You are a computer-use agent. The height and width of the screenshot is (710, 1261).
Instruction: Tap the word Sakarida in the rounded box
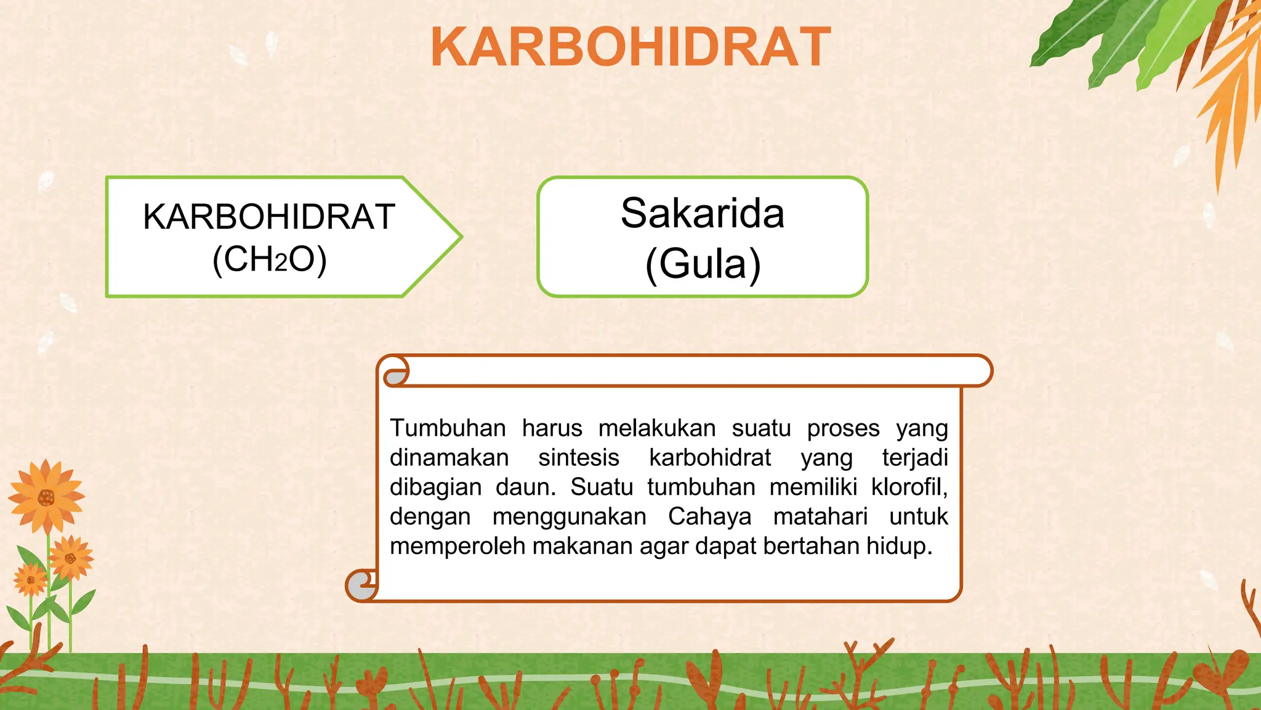702,213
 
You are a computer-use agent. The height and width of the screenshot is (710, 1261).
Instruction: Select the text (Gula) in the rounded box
703,264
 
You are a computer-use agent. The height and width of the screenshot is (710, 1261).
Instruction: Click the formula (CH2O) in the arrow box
269,259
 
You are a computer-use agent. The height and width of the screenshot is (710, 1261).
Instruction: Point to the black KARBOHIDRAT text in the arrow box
269,217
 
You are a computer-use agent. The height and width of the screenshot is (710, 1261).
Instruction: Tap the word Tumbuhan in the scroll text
448,428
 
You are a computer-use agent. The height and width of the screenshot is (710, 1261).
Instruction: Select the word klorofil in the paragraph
908,487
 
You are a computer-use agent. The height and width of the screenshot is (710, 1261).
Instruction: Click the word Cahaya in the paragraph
709,516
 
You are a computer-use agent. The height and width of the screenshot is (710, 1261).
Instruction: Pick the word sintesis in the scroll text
578,457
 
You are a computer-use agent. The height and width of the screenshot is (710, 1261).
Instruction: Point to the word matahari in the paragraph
820,516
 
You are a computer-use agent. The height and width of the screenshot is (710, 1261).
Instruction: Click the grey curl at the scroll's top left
396,376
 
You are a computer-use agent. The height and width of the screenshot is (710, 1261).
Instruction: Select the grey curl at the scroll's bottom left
360,586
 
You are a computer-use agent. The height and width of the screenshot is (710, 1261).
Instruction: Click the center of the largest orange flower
46,497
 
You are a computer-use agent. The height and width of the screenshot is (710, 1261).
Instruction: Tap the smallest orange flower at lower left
31,580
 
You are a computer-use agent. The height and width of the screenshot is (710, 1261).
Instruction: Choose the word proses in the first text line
843,428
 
